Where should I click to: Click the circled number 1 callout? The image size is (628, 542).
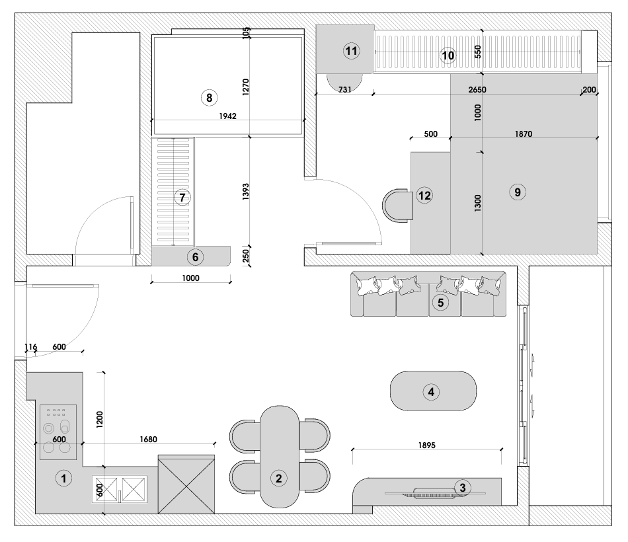coord(63,479)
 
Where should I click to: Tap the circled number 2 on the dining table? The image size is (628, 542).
coord(279,478)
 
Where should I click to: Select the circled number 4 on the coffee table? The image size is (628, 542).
coord(431,391)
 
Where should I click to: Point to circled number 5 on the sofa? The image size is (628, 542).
coord(440,303)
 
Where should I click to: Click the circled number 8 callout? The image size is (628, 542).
coord(209,98)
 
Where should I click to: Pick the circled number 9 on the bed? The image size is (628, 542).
coord(518,192)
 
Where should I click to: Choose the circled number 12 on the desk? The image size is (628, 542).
coord(424,195)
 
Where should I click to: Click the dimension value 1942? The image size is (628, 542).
coord(228,116)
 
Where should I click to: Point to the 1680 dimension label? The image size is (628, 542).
coord(148,438)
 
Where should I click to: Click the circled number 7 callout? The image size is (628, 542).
coord(182,197)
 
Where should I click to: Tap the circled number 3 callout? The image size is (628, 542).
coord(463,488)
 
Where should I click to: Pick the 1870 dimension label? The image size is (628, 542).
coord(522,134)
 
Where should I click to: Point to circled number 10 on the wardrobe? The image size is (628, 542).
coord(448,56)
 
